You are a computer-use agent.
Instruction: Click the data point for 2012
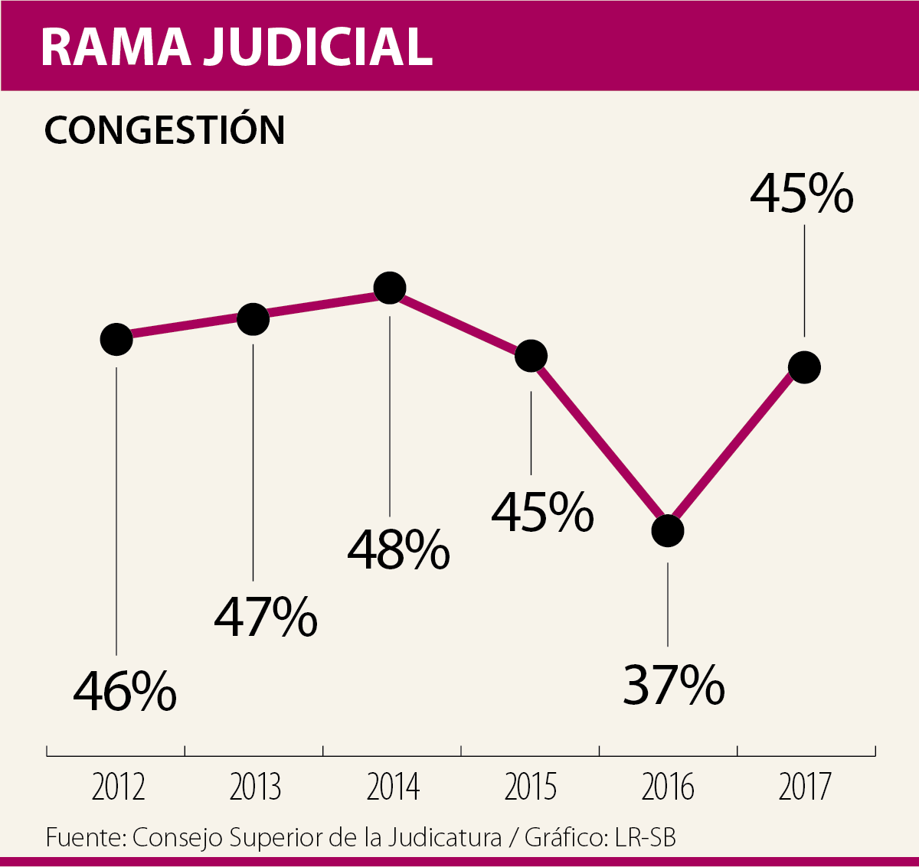point(116,338)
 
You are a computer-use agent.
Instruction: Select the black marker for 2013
point(253,318)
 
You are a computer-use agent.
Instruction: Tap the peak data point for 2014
point(390,288)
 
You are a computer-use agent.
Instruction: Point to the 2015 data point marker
point(531,356)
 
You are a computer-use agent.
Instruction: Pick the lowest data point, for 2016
point(668,530)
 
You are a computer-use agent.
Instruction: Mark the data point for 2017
point(805,367)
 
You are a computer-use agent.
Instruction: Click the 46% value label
point(125,691)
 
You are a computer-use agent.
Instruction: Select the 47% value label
point(265,617)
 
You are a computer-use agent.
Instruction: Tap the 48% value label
point(398,549)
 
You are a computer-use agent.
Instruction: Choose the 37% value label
point(674,685)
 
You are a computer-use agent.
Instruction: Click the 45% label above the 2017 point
point(801,194)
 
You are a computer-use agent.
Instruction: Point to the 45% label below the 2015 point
point(542,512)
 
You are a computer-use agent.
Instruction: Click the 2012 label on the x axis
point(118,787)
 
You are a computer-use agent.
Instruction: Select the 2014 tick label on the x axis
point(394,787)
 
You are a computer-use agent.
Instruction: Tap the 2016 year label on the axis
point(668,787)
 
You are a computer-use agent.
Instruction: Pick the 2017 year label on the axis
point(805,787)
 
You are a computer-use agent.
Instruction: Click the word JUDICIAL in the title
point(319,47)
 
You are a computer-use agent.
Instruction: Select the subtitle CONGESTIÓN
point(165,130)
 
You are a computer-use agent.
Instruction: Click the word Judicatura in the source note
point(444,837)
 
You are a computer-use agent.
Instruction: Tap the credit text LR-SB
point(645,837)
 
